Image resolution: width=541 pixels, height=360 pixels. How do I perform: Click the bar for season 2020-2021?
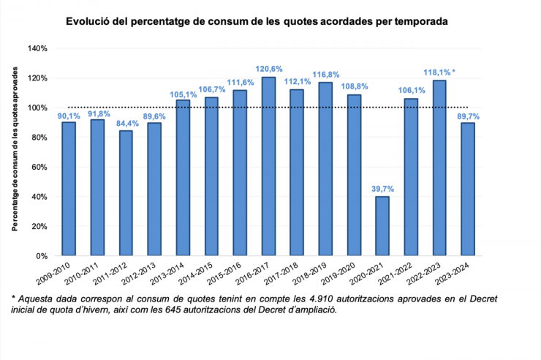(x=382, y=226)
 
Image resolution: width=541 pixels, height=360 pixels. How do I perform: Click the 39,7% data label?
(x=382, y=188)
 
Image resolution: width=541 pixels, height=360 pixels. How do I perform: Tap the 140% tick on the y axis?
(x=38, y=48)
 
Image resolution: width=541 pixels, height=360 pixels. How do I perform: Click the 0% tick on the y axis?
(x=42, y=256)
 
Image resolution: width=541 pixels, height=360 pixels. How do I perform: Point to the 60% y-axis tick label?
(x=40, y=167)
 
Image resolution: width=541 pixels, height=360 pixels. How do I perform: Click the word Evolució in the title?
(x=88, y=22)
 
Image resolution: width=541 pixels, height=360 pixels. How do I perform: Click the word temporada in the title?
(x=420, y=22)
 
